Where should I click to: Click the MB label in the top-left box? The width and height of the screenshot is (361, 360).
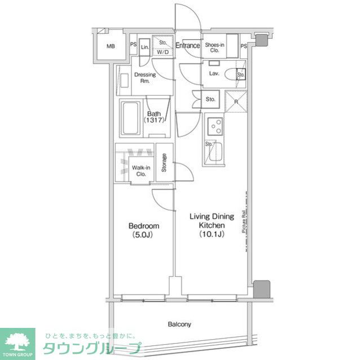(x=111, y=47)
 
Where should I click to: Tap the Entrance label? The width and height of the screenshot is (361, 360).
(x=187, y=46)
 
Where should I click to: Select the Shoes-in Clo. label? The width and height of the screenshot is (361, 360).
(x=214, y=47)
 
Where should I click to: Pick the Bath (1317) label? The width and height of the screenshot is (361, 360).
(x=154, y=117)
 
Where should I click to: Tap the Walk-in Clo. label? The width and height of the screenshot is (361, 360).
(x=139, y=171)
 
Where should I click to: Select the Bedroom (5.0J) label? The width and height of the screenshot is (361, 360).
(x=143, y=230)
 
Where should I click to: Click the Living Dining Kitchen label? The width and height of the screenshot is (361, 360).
(x=207, y=225)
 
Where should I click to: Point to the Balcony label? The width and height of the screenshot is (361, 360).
(x=179, y=324)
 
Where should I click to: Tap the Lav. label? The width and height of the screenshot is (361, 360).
(x=214, y=73)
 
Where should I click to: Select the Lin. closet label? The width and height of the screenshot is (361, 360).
(x=144, y=47)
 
